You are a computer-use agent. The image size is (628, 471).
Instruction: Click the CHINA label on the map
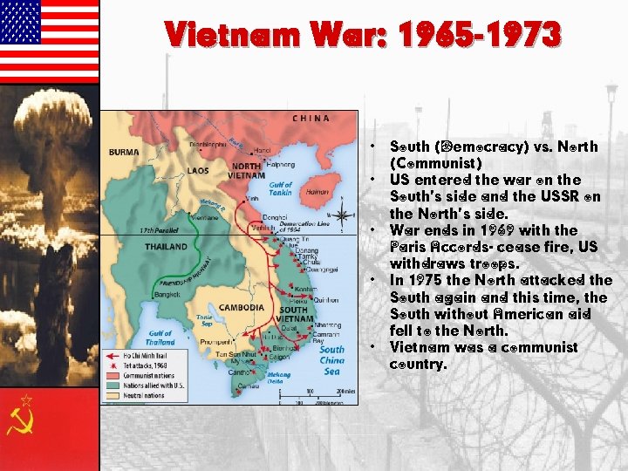pyautogui.click(x=311, y=118)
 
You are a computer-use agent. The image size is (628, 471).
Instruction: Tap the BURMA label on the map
pyautogui.click(x=123, y=152)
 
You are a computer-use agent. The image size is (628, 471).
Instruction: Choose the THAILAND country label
pyautogui.click(x=166, y=247)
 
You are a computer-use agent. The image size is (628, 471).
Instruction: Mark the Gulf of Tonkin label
pyautogui.click(x=280, y=188)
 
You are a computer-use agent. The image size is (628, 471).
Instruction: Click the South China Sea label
pyautogui.click(x=331, y=359)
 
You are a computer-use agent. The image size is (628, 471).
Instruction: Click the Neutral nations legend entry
pyautogui.click(x=139, y=395)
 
